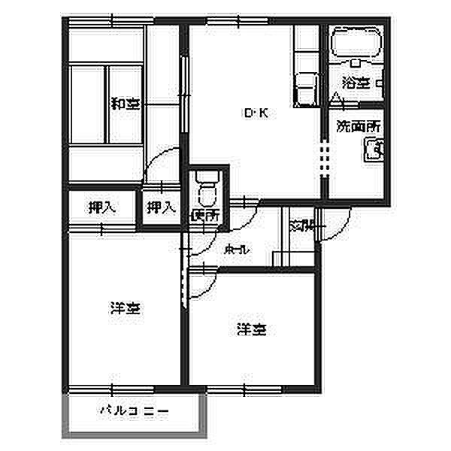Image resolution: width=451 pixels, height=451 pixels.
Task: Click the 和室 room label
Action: pos(125,104)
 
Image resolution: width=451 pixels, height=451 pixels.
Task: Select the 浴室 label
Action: pos(355,83)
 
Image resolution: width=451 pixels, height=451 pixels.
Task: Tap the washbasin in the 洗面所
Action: pos(374,153)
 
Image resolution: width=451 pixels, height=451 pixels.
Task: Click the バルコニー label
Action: pos(135,411)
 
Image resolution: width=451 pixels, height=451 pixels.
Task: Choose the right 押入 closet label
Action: pos(160,207)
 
